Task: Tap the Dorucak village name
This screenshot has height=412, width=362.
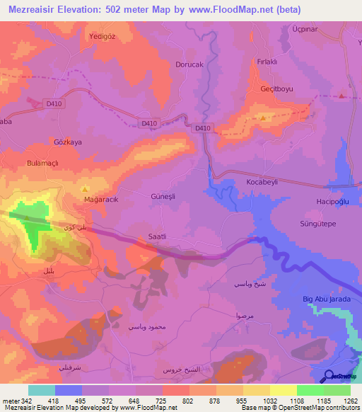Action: pos(189,64)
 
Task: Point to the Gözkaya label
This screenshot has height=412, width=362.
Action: pos(68,142)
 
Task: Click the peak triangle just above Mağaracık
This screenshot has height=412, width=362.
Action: pos(86,189)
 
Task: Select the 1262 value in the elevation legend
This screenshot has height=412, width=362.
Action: pos(351,401)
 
